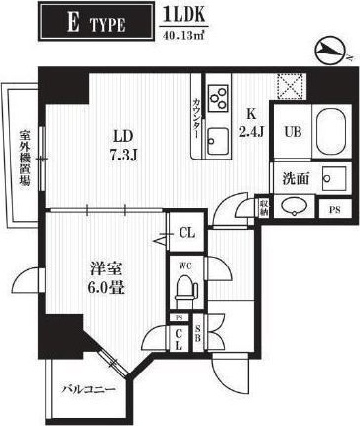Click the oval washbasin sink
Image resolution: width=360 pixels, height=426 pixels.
click(x=294, y=207)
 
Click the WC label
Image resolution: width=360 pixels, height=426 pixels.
click(x=184, y=266)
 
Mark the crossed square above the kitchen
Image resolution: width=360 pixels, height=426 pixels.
click(x=290, y=87)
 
